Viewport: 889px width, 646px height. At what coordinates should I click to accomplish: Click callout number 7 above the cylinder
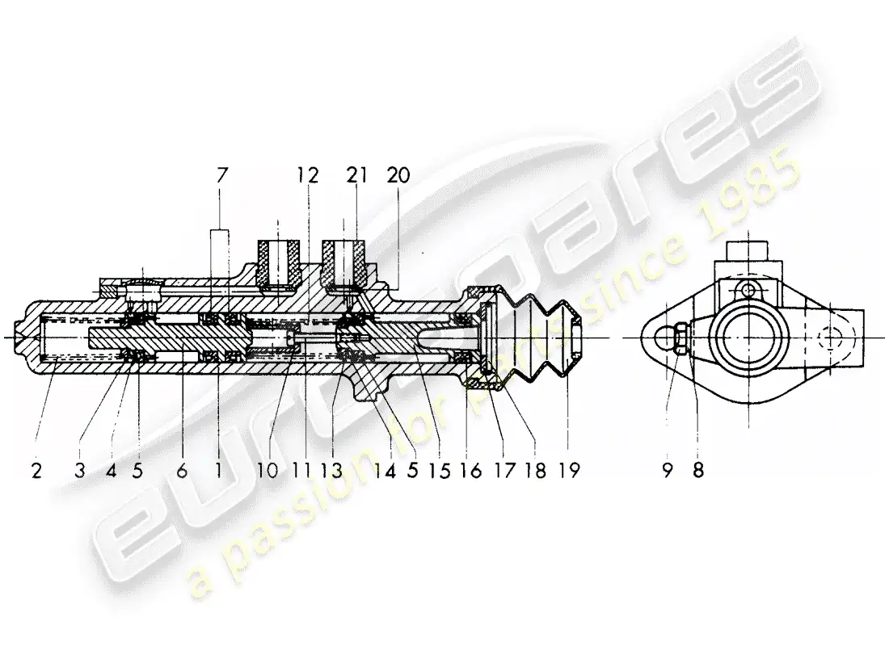[223, 174]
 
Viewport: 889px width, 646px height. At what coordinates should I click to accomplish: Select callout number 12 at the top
[308, 174]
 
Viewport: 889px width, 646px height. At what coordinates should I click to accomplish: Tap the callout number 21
[356, 174]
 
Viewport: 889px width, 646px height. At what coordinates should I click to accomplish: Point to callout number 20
[398, 174]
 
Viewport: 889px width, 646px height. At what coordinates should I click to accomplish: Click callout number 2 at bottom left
[36, 470]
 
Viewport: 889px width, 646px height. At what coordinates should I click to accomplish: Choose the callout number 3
[79, 470]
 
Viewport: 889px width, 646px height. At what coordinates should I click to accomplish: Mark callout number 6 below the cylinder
[183, 470]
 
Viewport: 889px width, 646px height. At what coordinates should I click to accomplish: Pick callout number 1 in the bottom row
[218, 470]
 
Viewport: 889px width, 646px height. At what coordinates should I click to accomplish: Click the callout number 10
[269, 470]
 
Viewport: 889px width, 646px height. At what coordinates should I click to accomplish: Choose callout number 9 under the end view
[668, 470]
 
